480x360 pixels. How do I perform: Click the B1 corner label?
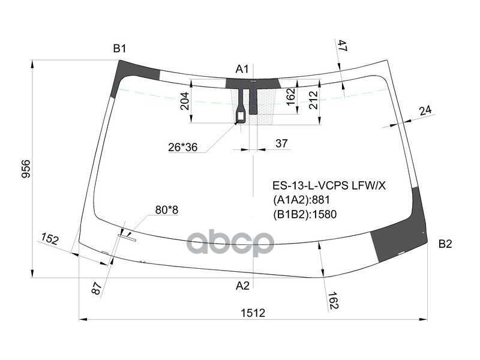coord(119,49)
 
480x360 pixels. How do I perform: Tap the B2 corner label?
coord(445,244)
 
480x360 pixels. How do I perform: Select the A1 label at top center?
coord(242,69)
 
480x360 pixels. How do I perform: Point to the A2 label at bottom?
coord(242,286)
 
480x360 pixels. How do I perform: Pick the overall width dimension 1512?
coord(253,313)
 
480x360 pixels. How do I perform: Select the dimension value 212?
coord(313,100)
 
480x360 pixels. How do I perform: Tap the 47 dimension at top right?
coord(342,46)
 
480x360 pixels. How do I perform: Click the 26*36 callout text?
coord(183,146)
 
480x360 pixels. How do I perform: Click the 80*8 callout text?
coord(167,209)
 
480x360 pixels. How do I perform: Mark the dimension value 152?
coord(49,239)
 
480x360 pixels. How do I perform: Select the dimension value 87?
coord(98,289)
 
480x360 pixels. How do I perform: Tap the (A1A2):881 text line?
coord(302,200)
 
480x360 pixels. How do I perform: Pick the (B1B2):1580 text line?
coord(304,214)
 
